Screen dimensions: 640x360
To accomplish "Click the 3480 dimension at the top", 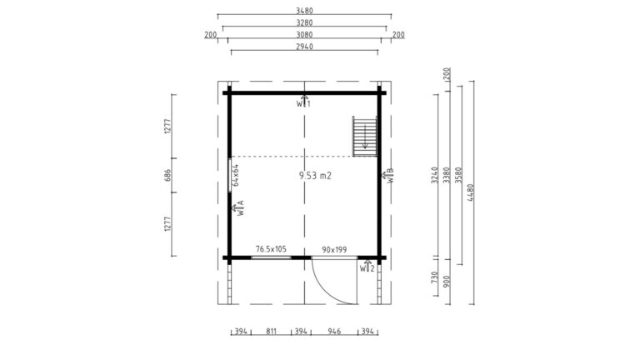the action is coord(304,11).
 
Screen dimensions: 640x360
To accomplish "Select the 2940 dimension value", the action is coord(304,47).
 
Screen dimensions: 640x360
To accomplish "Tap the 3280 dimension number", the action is coord(304,22).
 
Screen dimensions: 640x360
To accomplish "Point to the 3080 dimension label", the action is coord(304,35).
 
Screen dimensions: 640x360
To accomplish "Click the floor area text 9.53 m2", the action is coord(315,176).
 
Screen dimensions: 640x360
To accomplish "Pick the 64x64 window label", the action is coord(236,175).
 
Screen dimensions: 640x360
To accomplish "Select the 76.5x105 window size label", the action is coord(271,249).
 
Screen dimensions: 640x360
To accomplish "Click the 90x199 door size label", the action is coord(334,249).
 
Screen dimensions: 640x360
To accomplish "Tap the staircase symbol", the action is coord(365,137).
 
